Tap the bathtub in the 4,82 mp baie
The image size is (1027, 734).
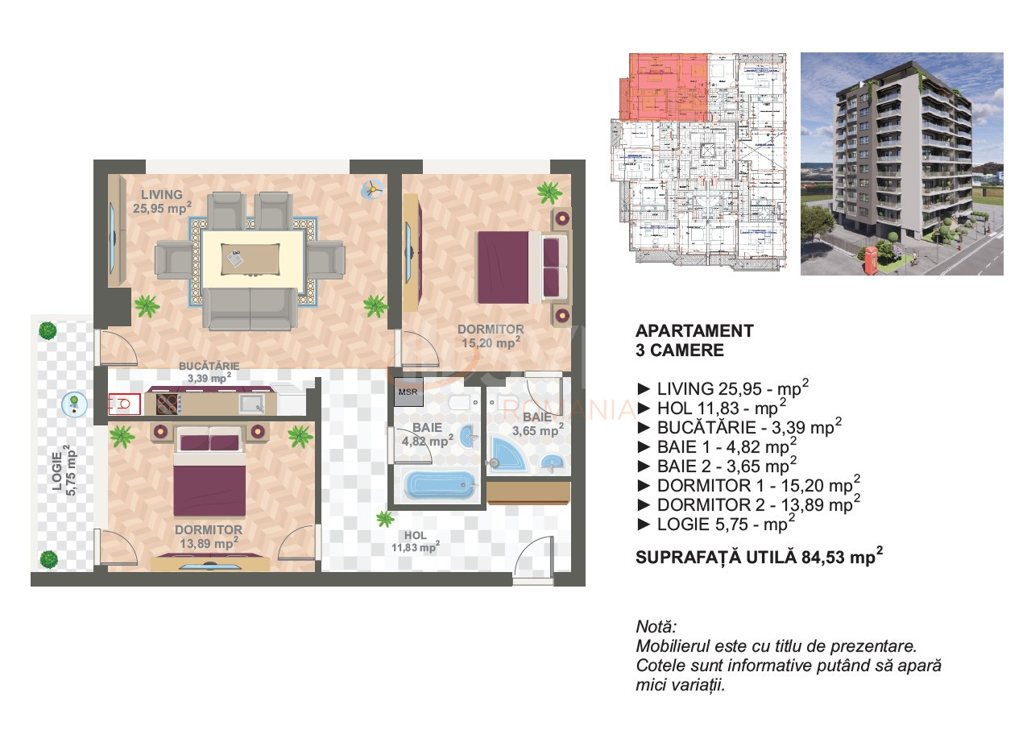pos(435,486)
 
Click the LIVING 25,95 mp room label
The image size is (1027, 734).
pos(162,201)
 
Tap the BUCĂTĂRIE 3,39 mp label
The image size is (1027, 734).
pos(209,371)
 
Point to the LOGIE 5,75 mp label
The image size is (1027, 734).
pos(71,471)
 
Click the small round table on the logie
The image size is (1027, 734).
pos(73,404)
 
